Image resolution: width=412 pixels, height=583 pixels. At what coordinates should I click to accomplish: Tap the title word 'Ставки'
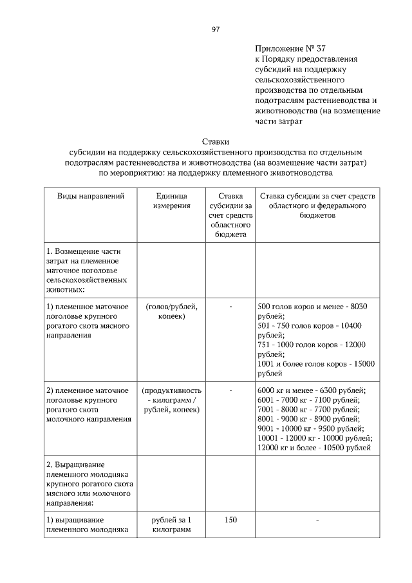pos(216,141)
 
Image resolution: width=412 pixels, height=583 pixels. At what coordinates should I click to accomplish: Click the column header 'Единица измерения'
pos(171,200)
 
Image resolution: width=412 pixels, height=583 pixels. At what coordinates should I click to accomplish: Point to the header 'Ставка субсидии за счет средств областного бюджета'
pos(230,215)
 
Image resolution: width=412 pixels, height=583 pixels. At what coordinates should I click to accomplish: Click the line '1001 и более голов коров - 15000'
pos(315,363)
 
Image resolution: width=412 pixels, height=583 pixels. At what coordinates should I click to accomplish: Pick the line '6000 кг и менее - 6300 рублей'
pos(311,390)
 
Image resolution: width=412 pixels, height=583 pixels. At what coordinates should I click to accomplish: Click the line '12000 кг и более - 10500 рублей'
pos(314,448)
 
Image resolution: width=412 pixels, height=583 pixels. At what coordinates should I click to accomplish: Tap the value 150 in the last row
pos(230,520)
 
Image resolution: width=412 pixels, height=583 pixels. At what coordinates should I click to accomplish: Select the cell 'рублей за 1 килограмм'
pos(171,525)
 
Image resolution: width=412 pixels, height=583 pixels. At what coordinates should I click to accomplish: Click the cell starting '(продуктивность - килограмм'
pos(171,400)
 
